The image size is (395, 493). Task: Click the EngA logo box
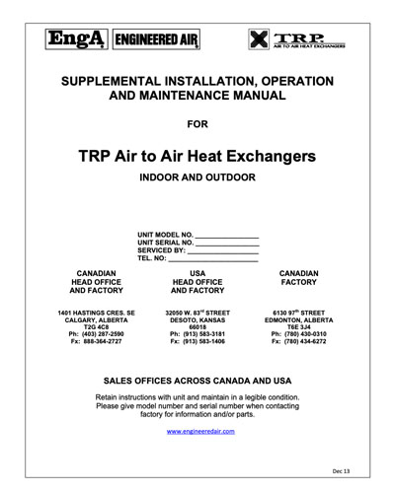coord(75,39)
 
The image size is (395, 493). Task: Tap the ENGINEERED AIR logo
coord(146,39)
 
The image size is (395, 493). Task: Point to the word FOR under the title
coord(200,124)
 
